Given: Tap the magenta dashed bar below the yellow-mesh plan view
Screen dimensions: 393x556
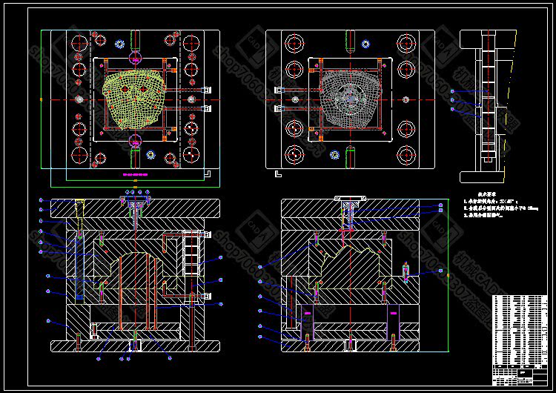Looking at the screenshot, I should coord(135,174).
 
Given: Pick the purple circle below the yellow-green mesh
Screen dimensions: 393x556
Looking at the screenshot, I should coord(135,140).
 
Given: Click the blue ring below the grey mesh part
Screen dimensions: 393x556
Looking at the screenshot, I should coord(334,155).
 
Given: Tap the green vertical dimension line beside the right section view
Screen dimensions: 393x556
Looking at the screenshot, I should coord(449,274).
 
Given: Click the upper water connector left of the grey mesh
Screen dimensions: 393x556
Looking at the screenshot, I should coord(279,90).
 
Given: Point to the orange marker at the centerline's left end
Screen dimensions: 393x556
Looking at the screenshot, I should coord(41,98).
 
